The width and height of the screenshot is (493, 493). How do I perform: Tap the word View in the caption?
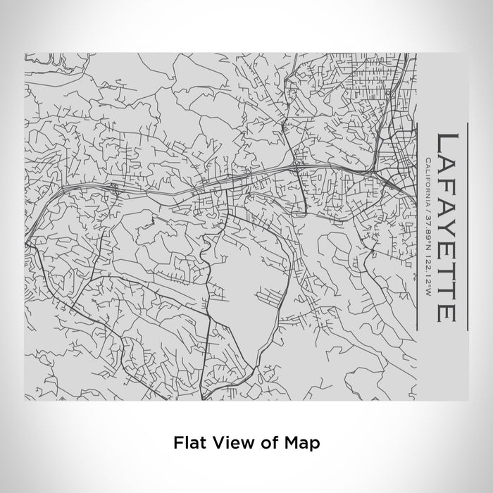coord(230,443)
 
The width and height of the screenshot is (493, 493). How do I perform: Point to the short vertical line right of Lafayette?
coord(467,225)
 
